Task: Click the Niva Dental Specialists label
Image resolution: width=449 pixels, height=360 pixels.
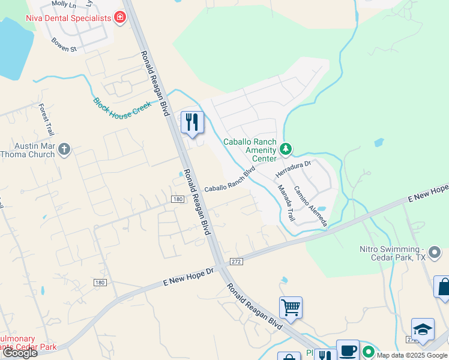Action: point(68,17)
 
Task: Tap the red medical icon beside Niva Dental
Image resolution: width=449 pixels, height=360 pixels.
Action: point(120,17)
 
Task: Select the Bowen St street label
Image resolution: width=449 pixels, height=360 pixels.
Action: point(64,44)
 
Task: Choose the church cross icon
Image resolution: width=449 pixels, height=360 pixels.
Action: point(64,149)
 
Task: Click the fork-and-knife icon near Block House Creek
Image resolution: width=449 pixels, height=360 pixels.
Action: point(192,122)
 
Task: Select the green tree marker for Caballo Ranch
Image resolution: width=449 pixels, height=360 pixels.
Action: point(286,148)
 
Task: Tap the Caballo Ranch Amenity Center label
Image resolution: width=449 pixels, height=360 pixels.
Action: point(250,150)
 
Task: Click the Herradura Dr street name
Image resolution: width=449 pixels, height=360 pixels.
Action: point(292,169)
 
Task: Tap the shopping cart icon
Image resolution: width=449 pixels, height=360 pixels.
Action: point(291,307)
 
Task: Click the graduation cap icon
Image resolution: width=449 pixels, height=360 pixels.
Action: point(423,329)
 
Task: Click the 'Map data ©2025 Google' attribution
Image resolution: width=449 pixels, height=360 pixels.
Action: point(412,355)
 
